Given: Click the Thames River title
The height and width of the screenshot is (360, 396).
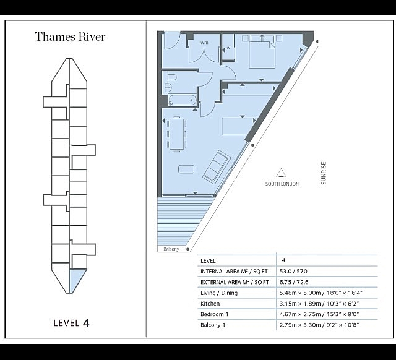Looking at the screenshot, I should point(70,36).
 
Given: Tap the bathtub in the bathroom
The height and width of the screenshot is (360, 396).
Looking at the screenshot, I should point(180,101).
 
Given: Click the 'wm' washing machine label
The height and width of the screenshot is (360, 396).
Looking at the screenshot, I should point(204,43).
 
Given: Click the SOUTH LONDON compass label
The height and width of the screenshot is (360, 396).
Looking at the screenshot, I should point(282,184).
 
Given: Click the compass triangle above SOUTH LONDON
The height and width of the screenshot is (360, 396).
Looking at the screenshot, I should point(281,173).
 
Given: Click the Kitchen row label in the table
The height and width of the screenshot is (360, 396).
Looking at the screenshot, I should point(210,304).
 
